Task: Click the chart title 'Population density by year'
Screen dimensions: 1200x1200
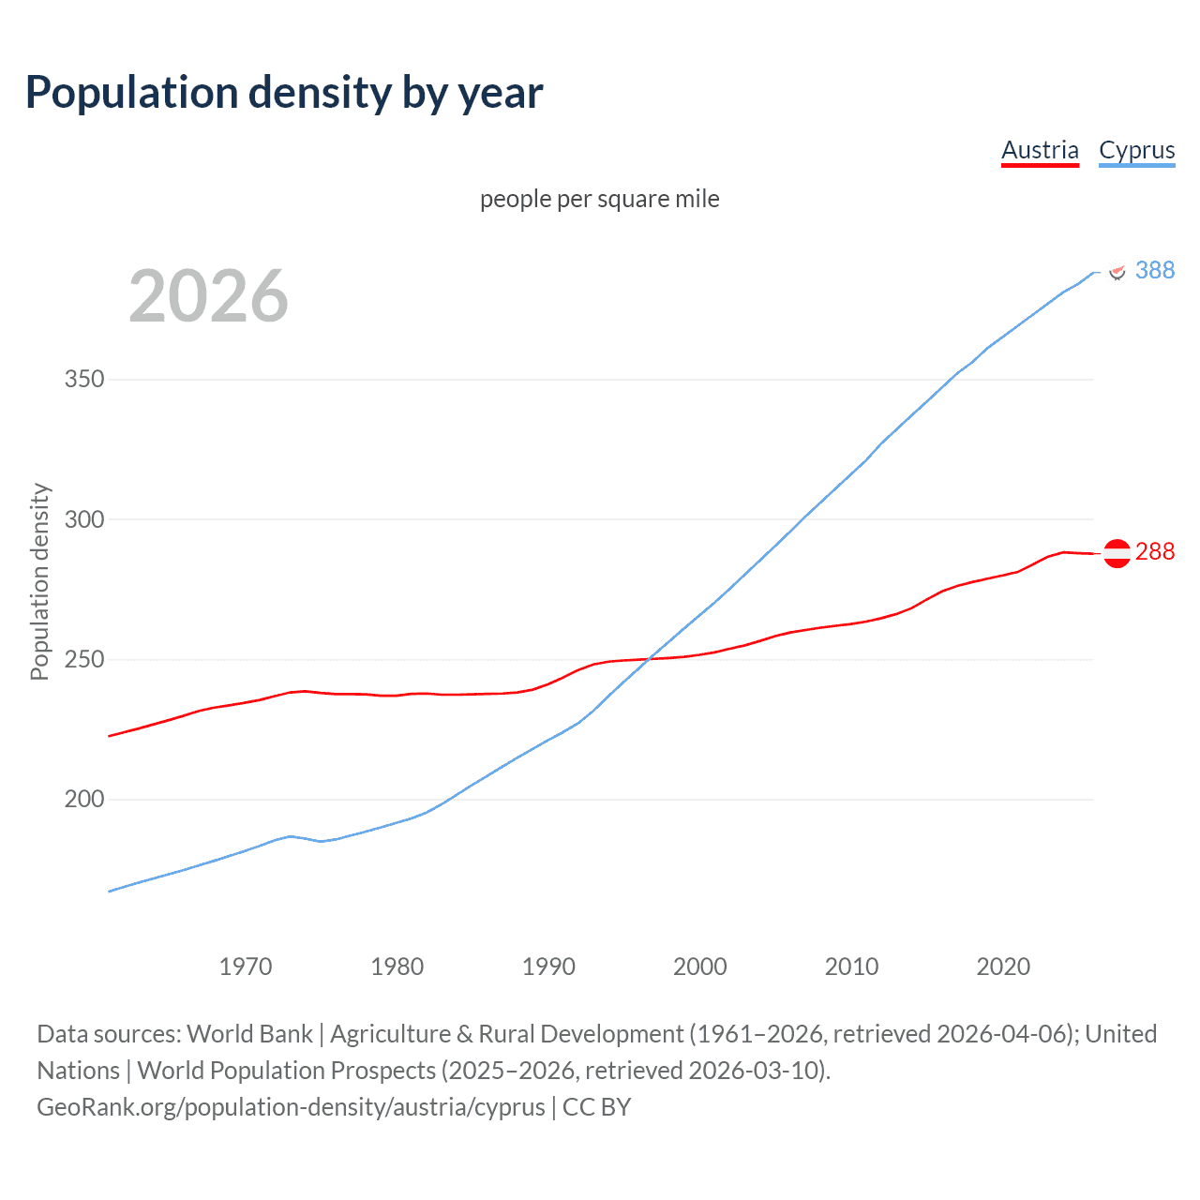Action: coord(284,93)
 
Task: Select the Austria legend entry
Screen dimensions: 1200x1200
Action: coord(1040,150)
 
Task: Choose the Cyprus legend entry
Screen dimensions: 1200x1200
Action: coord(1136,150)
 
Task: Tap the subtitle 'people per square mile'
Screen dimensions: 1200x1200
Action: coord(599,199)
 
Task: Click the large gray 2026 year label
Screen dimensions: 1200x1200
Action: coord(208,296)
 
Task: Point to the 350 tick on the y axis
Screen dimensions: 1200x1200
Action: coord(83,380)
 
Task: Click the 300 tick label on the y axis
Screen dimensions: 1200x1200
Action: coord(83,519)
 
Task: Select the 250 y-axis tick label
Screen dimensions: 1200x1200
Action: coord(83,660)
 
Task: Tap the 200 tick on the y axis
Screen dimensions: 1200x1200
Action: coord(83,800)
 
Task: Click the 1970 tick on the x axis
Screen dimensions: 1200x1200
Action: coord(246,967)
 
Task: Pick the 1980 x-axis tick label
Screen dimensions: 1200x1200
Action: coord(397,967)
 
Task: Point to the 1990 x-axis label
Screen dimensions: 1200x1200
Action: coord(548,967)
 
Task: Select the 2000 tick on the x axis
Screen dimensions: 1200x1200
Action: coord(700,967)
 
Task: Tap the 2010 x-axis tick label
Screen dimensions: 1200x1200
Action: coord(851,967)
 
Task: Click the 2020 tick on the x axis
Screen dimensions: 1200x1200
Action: coord(1003,967)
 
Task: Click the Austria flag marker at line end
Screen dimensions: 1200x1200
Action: coord(1117,553)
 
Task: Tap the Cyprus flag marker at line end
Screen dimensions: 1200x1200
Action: coord(1117,271)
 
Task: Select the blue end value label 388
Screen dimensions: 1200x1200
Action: coord(1155,270)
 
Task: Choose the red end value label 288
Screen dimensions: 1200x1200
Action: coord(1155,551)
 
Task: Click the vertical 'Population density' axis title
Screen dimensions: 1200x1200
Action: coord(39,581)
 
